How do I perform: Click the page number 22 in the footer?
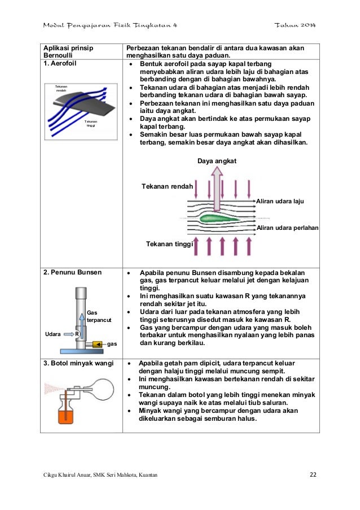click(313, 474)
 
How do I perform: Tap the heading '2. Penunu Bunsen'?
click(73, 272)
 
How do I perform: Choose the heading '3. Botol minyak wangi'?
click(78, 363)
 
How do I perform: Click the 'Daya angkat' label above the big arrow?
click(217, 162)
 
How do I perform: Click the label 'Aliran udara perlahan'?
click(287, 228)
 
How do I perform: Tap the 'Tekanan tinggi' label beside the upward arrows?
click(169, 244)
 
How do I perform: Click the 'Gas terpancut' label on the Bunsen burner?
click(99, 316)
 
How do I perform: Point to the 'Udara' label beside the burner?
click(52, 334)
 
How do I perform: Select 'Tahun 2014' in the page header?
click(295, 26)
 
